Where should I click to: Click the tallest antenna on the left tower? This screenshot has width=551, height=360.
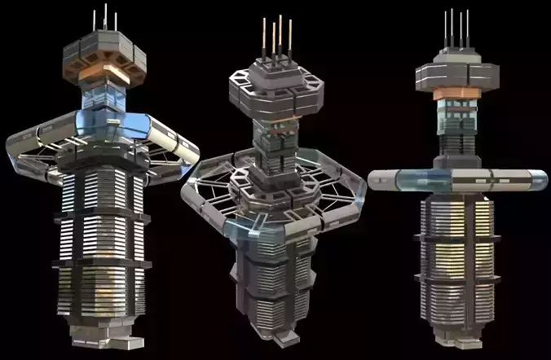[x=105, y=18]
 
